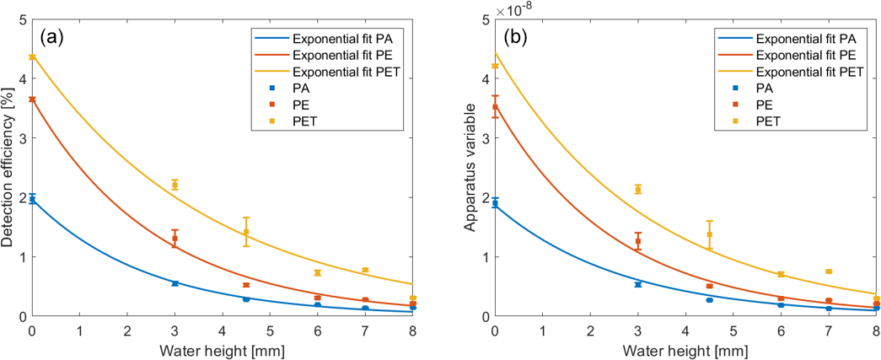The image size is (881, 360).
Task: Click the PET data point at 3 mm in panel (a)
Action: [175, 185]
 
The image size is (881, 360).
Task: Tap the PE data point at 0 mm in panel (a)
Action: [32, 99]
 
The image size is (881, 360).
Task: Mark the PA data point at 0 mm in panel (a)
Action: [32, 200]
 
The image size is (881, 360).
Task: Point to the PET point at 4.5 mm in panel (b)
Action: [710, 234]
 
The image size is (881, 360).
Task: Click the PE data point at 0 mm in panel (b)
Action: [496, 107]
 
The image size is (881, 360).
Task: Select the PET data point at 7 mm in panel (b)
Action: [829, 271]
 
